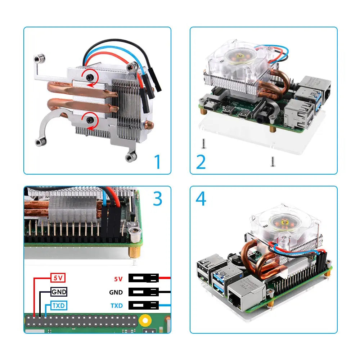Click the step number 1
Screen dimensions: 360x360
(x=158, y=161)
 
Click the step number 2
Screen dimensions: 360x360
(x=201, y=162)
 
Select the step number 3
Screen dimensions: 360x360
(x=158, y=199)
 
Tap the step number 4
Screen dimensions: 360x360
(x=201, y=199)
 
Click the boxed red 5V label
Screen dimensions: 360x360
(x=58, y=278)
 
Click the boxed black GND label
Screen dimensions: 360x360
(x=59, y=292)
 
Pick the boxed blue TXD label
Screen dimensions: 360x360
(x=59, y=306)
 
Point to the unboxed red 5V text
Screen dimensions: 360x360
(x=118, y=279)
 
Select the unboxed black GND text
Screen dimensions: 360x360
(x=116, y=292)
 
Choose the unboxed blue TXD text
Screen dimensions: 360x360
(x=117, y=306)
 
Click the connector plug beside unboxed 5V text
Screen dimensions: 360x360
(x=144, y=278)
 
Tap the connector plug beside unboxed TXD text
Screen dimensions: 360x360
(x=144, y=305)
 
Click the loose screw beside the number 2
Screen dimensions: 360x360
(x=203, y=144)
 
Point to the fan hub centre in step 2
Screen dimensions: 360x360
(x=240, y=56)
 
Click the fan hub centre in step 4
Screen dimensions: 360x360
(x=285, y=222)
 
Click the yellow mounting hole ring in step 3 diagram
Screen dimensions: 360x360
(x=145, y=320)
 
